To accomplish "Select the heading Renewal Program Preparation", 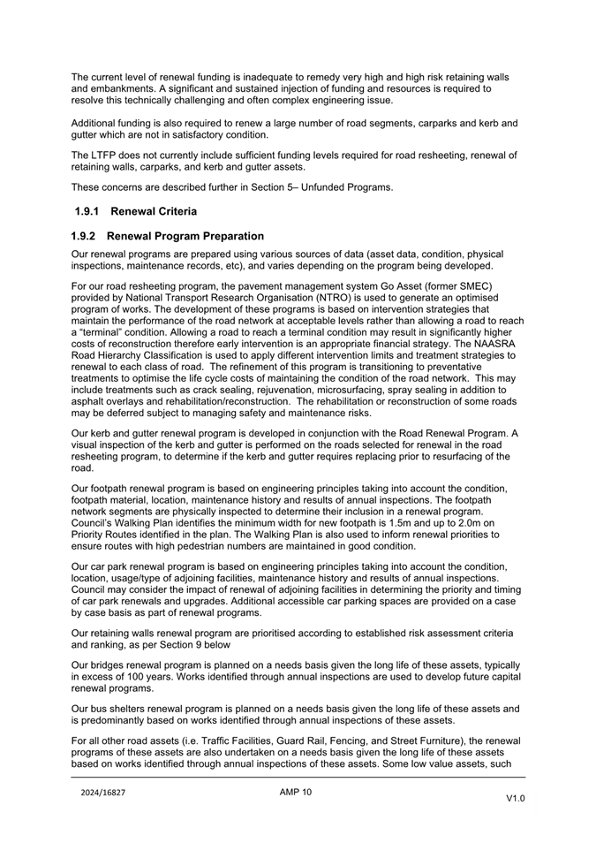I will click(x=185, y=237).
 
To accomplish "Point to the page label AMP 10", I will click(x=295, y=792).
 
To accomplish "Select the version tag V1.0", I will click(x=515, y=798).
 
